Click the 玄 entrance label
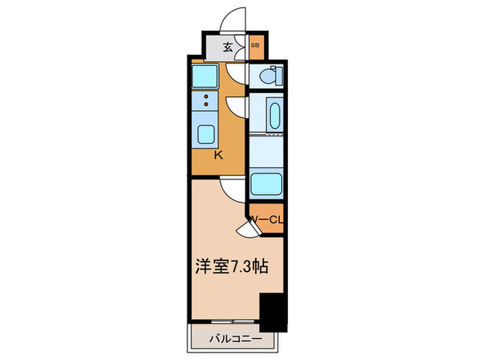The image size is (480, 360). pyautogui.click(x=227, y=48)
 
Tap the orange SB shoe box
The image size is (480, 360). pyautogui.click(x=255, y=47)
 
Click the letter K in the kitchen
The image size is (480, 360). pyautogui.click(x=218, y=155)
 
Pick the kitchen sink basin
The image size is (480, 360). pyautogui.click(x=206, y=134)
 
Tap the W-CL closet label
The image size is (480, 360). pyautogui.click(x=266, y=219)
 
